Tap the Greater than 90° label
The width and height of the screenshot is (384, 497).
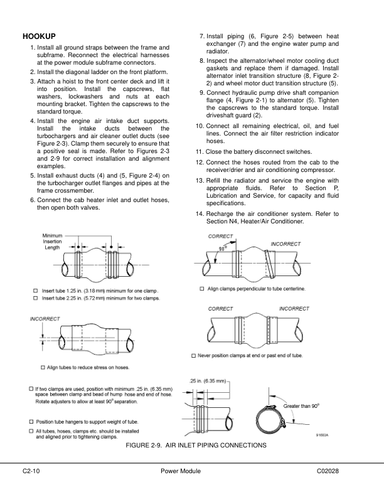pyautogui.click(x=302, y=407)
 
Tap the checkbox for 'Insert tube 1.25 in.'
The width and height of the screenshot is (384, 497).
pyautogui.click(x=35, y=290)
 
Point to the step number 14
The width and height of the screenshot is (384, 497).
pyautogui.click(x=199, y=214)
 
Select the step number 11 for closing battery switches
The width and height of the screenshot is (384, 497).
pyautogui.click(x=199, y=152)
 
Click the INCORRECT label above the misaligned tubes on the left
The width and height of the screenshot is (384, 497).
pyautogui.click(x=45, y=319)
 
